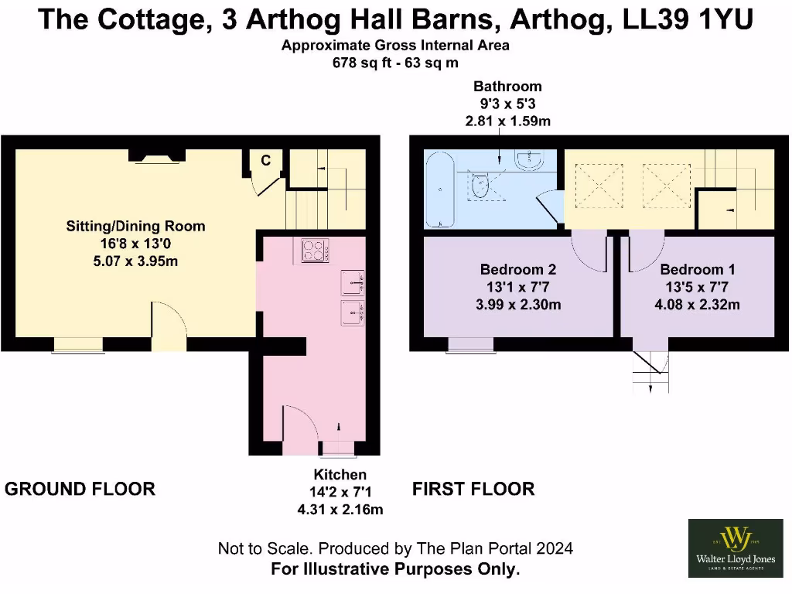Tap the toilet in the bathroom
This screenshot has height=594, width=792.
(482, 186)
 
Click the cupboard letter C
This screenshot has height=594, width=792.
(265, 161)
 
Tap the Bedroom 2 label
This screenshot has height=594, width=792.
(518, 270)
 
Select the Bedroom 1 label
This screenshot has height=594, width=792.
(697, 270)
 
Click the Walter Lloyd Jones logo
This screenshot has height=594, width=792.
(732, 548)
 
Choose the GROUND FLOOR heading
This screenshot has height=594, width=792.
(80, 489)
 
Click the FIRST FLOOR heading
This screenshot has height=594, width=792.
(473, 489)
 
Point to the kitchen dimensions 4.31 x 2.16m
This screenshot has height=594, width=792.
(340, 509)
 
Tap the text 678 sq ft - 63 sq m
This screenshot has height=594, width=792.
(395, 63)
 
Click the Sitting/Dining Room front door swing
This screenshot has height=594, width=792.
(167, 320)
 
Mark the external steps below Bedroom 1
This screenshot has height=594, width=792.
(650, 370)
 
